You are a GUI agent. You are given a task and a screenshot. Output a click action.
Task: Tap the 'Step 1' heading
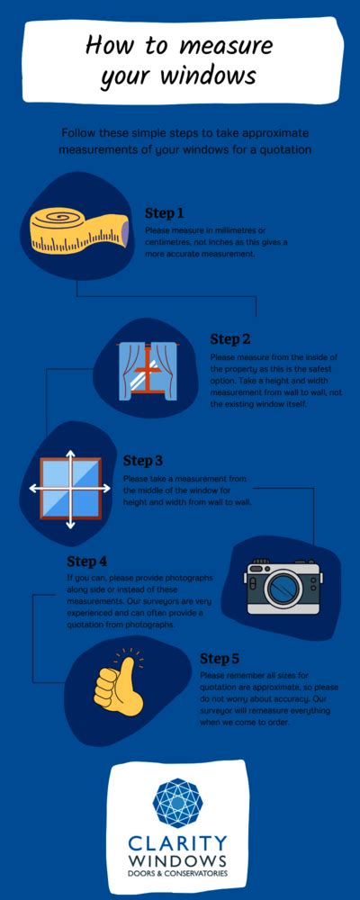point(165,213)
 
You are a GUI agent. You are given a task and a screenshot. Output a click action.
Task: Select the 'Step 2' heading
point(230,339)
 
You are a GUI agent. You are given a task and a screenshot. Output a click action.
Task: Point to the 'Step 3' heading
point(143,462)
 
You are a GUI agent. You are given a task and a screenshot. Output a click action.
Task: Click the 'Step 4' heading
point(87,562)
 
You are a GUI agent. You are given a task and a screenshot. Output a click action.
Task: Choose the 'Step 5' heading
point(220,658)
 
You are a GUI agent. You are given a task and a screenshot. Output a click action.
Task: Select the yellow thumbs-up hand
point(119,688)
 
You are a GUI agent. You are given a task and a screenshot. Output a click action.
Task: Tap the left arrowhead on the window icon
point(33,488)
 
